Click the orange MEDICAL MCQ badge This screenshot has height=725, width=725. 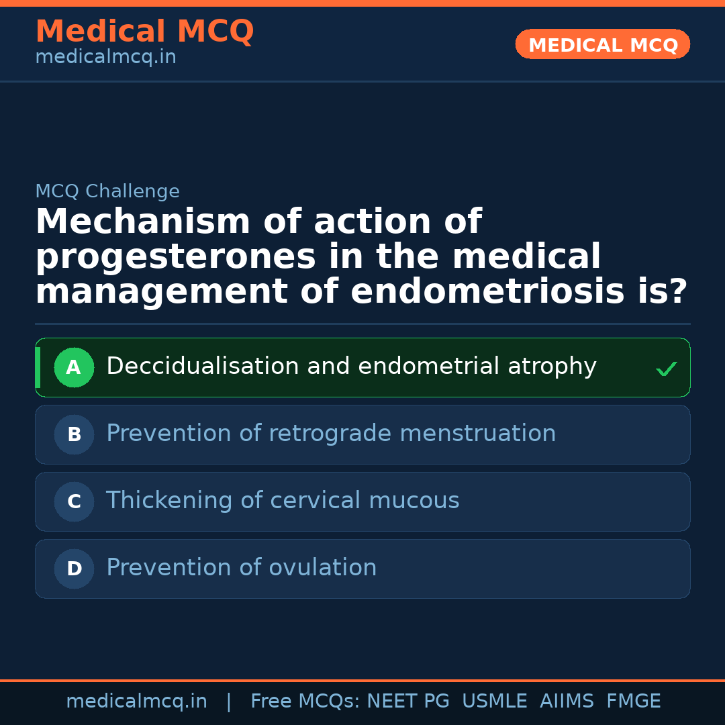coord(603,45)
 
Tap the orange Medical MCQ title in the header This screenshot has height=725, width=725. coord(144,32)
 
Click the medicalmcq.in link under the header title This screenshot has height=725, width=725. coord(105,58)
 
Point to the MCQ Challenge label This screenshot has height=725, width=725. coord(107,192)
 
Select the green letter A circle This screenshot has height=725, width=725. coord(74,367)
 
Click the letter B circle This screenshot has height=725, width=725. coord(74,434)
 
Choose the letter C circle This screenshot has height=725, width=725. coord(74,501)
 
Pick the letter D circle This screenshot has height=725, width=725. coord(74,569)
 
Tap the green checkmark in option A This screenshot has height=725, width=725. coord(666,369)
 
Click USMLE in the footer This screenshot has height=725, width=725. coord(495,702)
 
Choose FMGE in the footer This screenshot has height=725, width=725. coord(634,702)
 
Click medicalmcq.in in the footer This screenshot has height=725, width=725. coord(136,702)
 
